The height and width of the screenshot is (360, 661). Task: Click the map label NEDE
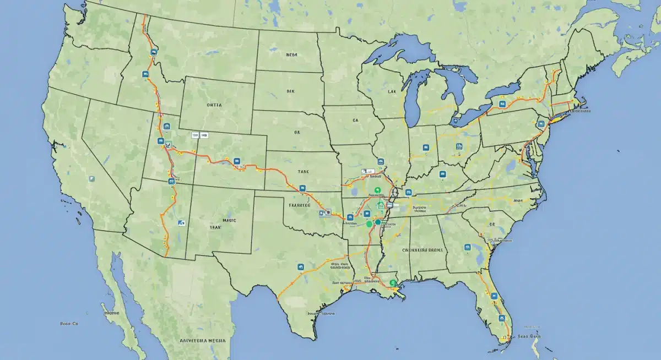(291, 55)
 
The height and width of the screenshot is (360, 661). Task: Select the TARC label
(304, 172)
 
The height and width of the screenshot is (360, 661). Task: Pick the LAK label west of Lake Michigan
(392, 92)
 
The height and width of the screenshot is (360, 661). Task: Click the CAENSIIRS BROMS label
(422, 249)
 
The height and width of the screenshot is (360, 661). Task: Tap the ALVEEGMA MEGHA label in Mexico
(204, 341)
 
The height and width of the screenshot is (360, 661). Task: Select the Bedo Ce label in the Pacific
(69, 324)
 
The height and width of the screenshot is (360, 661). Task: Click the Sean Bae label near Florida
(529, 335)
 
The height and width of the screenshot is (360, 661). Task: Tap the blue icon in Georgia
(467, 247)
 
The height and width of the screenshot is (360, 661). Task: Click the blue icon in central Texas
(301, 267)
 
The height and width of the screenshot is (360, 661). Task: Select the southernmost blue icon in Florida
(501, 318)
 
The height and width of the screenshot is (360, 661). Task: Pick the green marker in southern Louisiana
(393, 283)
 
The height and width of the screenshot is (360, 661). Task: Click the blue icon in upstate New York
(502, 103)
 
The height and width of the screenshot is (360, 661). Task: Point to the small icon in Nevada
(92, 179)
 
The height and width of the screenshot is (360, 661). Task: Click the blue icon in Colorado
(237, 161)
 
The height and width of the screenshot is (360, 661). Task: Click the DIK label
(291, 92)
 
